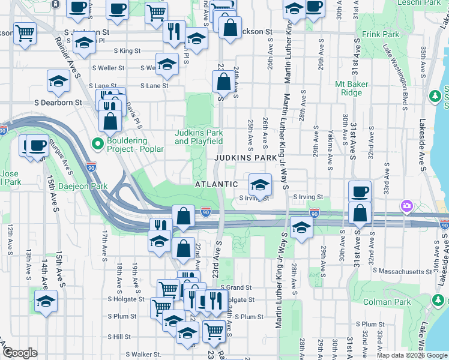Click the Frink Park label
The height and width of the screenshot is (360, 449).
[x=381, y=35]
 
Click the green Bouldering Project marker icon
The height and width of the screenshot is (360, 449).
[x=97, y=143]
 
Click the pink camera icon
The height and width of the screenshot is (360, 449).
[x=407, y=206]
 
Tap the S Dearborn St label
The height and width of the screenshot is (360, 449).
[x=61, y=103]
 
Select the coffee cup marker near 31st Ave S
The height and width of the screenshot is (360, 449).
[x=360, y=191]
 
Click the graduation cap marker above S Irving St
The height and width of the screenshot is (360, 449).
[x=260, y=184]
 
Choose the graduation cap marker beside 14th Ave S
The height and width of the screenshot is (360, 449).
[x=46, y=301]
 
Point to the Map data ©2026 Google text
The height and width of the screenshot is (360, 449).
[x=412, y=355]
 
